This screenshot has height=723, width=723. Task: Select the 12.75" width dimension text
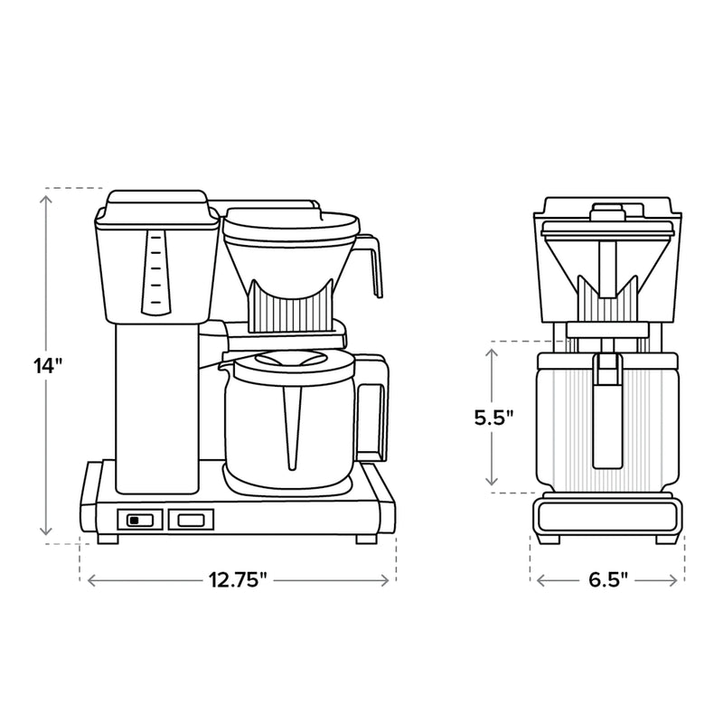[239, 580]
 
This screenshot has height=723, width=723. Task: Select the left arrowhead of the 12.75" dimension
[90, 580]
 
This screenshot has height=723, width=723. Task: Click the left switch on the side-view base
[138, 520]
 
